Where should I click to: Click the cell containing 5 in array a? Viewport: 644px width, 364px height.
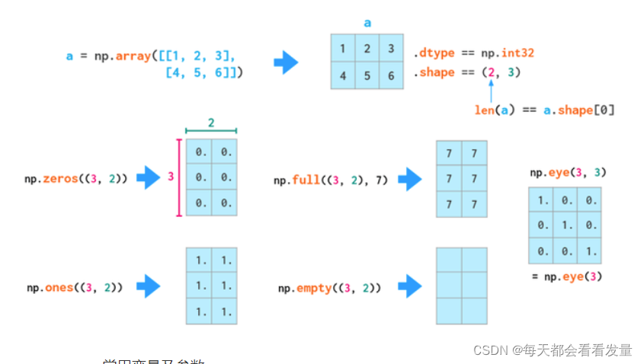point(367,75)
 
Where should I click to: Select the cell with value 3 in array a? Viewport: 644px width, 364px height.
point(391,49)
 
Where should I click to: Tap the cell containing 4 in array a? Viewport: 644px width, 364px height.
point(343,75)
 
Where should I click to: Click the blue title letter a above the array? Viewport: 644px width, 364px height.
point(367,23)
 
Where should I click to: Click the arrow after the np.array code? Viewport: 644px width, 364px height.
point(286,62)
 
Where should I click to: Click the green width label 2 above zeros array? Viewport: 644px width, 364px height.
point(211,122)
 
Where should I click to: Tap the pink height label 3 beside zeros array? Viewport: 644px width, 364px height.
point(171,177)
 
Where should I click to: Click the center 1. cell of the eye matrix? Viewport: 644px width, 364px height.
point(565,225)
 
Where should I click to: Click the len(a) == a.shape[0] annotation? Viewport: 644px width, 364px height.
point(544,110)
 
